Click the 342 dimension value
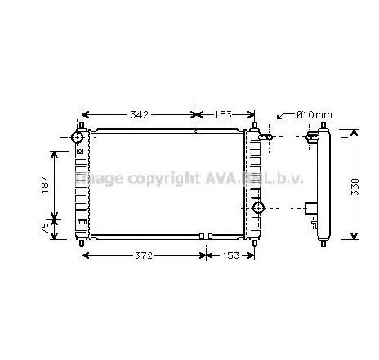coord(140,115)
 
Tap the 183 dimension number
coord(224,115)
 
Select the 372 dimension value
coord(145,256)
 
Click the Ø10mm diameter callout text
coord(313,115)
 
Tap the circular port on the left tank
coord(80,136)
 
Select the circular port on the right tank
coord(259,209)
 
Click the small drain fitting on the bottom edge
coord(205,238)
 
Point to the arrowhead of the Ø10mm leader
coord(278,119)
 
